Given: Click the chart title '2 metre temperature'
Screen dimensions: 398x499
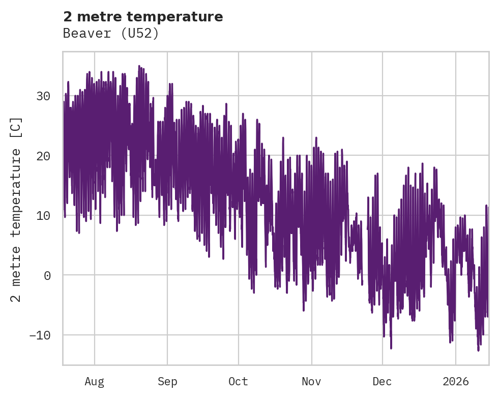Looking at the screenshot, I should tap(143, 17).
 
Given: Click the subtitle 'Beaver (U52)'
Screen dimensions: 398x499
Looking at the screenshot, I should tap(111, 34).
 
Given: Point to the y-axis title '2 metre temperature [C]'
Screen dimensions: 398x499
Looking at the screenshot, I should tap(16, 209).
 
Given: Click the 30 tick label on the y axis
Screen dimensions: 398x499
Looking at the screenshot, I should tap(43, 96).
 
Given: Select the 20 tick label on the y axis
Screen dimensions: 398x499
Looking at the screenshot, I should tap(43, 156).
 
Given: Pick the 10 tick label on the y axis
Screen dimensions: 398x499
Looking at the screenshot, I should tap(43, 215).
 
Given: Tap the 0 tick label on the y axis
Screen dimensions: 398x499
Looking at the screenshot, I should tap(47, 275).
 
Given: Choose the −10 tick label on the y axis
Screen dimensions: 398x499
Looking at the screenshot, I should tap(39, 335).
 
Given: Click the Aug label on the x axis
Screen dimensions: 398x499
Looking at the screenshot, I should tap(94, 381).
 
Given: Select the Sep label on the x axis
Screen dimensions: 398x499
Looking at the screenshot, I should tap(167, 381).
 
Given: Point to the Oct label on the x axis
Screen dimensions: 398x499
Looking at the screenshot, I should tap(238, 381).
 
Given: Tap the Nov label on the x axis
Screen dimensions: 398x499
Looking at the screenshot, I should tap(311, 381).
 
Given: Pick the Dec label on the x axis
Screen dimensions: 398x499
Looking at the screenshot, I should tap(382, 381).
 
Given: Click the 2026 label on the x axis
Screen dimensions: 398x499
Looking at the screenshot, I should tap(456, 381).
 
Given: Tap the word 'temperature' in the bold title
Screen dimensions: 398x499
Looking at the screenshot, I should tap(174, 17).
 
